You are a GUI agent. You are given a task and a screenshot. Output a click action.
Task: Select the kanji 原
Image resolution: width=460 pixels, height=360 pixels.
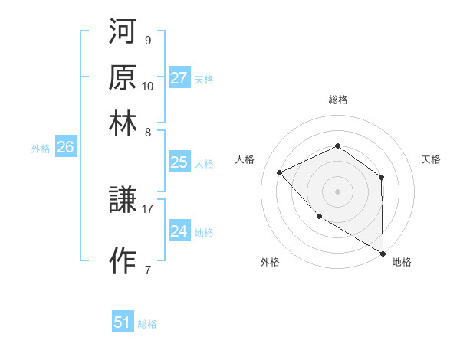[123, 78]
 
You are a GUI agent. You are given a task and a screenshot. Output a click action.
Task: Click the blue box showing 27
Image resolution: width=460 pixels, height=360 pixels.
[179, 78]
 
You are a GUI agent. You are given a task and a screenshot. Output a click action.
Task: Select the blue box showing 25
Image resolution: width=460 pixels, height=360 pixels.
[179, 162]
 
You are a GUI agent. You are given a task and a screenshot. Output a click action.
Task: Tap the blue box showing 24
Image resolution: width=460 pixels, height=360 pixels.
[179, 232]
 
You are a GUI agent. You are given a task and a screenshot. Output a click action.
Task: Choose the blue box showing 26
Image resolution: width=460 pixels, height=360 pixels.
[65, 148]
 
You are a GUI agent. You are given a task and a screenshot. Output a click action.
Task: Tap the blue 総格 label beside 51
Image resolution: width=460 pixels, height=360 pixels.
[147, 324]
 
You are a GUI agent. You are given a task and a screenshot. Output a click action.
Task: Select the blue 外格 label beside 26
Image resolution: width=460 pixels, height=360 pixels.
[40, 149]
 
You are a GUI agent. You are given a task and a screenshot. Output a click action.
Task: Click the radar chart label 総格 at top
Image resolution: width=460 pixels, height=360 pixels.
[337, 100]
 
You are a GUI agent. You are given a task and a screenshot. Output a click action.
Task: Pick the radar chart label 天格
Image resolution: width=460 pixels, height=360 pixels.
[431, 159]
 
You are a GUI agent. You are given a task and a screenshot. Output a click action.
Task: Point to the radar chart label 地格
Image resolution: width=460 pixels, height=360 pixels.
[402, 262]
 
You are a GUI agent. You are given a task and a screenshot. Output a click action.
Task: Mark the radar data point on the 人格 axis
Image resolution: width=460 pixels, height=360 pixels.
[280, 172]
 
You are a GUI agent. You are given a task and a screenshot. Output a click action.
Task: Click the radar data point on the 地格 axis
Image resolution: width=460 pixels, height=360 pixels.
[383, 254]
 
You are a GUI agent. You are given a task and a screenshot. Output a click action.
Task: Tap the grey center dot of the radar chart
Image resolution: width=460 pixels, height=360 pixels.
[337, 191]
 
